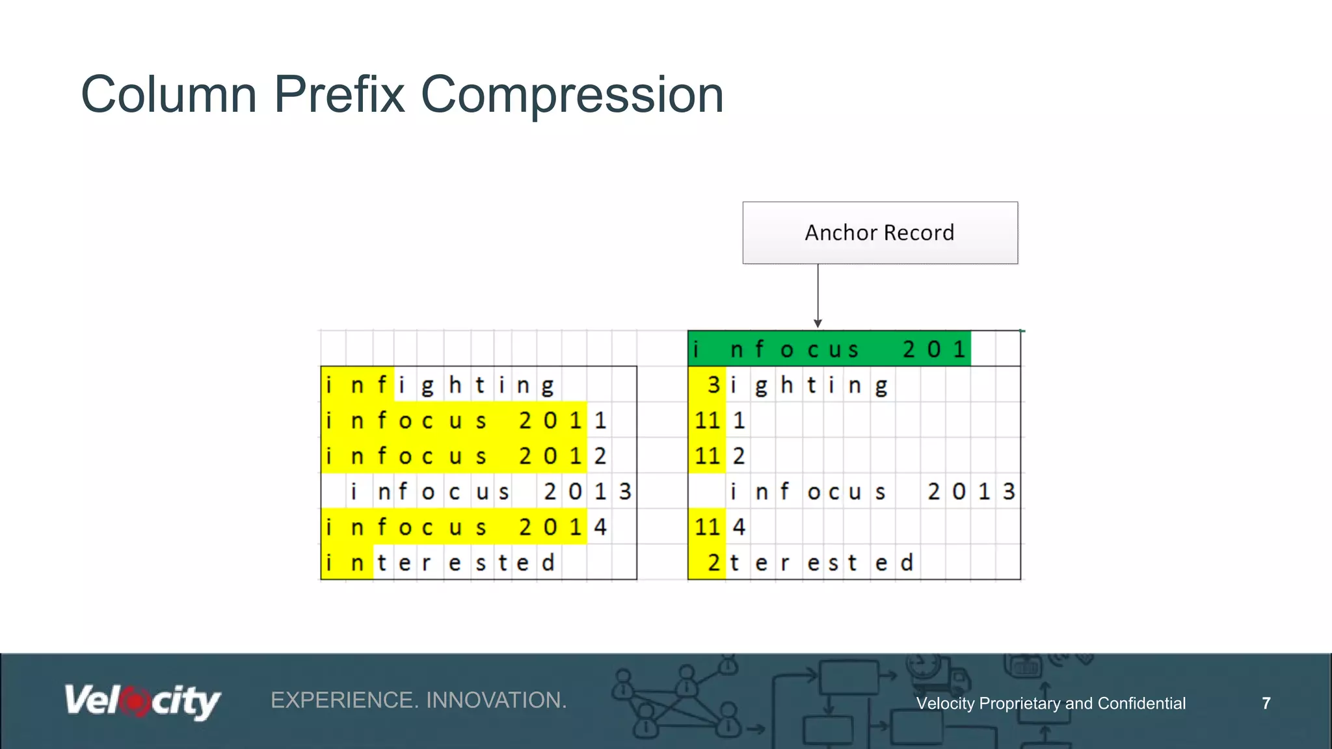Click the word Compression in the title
pyautogui.click(x=572, y=95)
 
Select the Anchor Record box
pyautogui.click(x=879, y=233)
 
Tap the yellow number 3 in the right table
pyautogui.click(x=713, y=385)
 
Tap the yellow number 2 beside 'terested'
pyautogui.click(x=713, y=562)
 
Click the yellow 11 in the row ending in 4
pyautogui.click(x=707, y=527)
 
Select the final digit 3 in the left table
pyautogui.click(x=625, y=492)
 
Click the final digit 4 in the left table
pyautogui.click(x=600, y=527)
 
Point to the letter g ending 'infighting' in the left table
pyautogui.click(x=548, y=386)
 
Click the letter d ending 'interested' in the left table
pyautogui.click(x=548, y=562)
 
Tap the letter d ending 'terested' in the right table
pyautogui.click(x=907, y=562)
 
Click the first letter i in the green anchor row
pyautogui.click(x=696, y=349)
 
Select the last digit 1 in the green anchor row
pyautogui.click(x=959, y=349)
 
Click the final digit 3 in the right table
pyautogui.click(x=1008, y=492)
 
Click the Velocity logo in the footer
pyautogui.click(x=142, y=701)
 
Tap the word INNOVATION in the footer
pyautogui.click(x=496, y=700)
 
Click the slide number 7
pyautogui.click(x=1266, y=703)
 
